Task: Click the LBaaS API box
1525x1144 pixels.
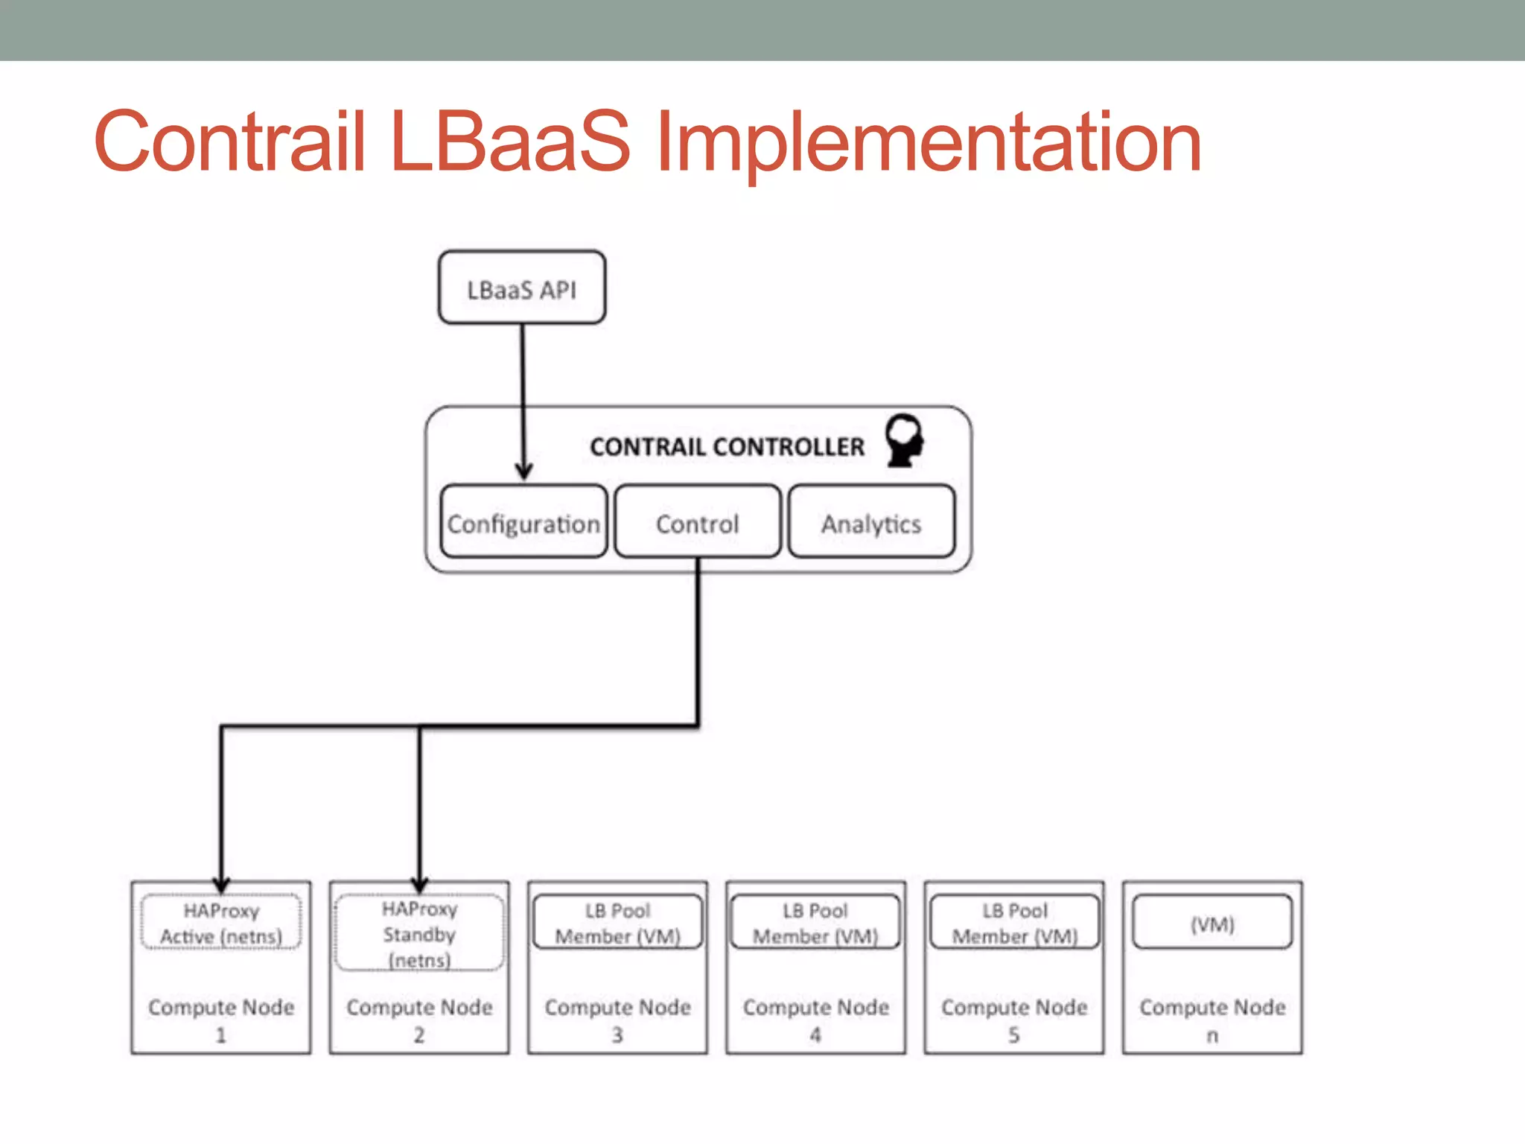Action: tap(521, 287)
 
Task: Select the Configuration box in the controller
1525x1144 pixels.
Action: tap(523, 522)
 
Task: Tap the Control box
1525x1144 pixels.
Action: tap(698, 522)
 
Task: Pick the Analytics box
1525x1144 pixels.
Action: tap(871, 522)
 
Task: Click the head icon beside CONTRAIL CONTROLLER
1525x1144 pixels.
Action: tap(905, 439)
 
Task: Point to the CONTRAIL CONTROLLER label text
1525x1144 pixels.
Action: tap(727, 446)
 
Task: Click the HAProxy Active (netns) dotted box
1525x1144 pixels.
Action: tap(221, 924)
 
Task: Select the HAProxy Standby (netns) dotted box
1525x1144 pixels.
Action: tap(419, 933)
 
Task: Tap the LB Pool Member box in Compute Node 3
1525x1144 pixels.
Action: tap(617, 923)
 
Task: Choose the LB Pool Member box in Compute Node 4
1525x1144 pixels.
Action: tap(815, 923)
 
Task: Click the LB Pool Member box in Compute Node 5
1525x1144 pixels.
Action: tap(1014, 923)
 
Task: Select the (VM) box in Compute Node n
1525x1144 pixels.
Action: tap(1212, 923)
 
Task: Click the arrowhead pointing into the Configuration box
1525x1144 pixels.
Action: tap(524, 471)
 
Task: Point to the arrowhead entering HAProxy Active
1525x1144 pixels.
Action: tap(221, 884)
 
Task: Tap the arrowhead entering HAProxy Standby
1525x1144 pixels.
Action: tap(419, 884)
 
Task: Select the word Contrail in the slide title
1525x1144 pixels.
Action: tap(229, 142)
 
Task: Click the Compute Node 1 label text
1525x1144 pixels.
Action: tap(221, 1007)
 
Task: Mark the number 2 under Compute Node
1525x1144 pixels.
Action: tap(419, 1035)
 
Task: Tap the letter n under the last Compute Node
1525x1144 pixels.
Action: tap(1212, 1036)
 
